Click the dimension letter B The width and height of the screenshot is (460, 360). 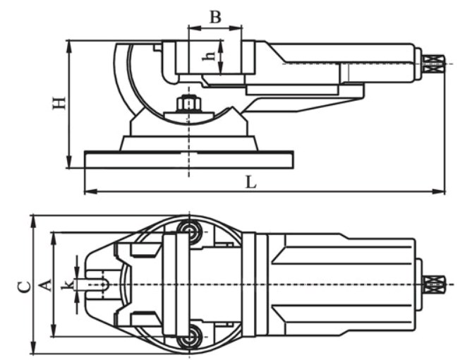click(216, 16)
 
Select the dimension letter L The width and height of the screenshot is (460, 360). click(250, 181)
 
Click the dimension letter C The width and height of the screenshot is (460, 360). click(23, 285)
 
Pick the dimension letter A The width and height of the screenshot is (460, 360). click(45, 284)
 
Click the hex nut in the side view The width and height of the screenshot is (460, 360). click(188, 104)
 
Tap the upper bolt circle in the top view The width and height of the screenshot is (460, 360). click(188, 229)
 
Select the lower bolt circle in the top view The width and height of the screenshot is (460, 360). click(188, 340)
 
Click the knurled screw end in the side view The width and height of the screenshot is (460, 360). click(433, 64)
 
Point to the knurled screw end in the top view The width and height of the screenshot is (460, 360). click(433, 284)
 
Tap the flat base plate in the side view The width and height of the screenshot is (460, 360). click(188, 160)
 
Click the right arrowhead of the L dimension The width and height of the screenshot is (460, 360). click(442, 191)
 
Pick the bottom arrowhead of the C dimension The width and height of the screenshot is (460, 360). click(33, 350)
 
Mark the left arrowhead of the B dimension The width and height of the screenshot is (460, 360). click(191, 28)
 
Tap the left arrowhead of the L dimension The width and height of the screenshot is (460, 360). click(87, 191)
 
